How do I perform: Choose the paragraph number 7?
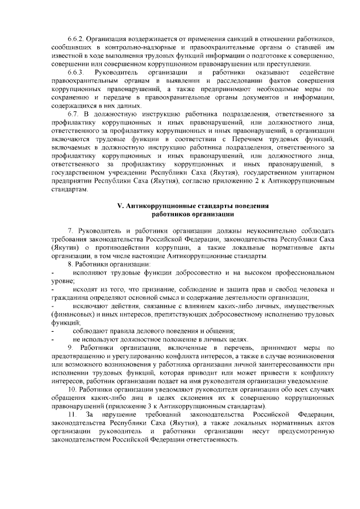coord(70,231)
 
